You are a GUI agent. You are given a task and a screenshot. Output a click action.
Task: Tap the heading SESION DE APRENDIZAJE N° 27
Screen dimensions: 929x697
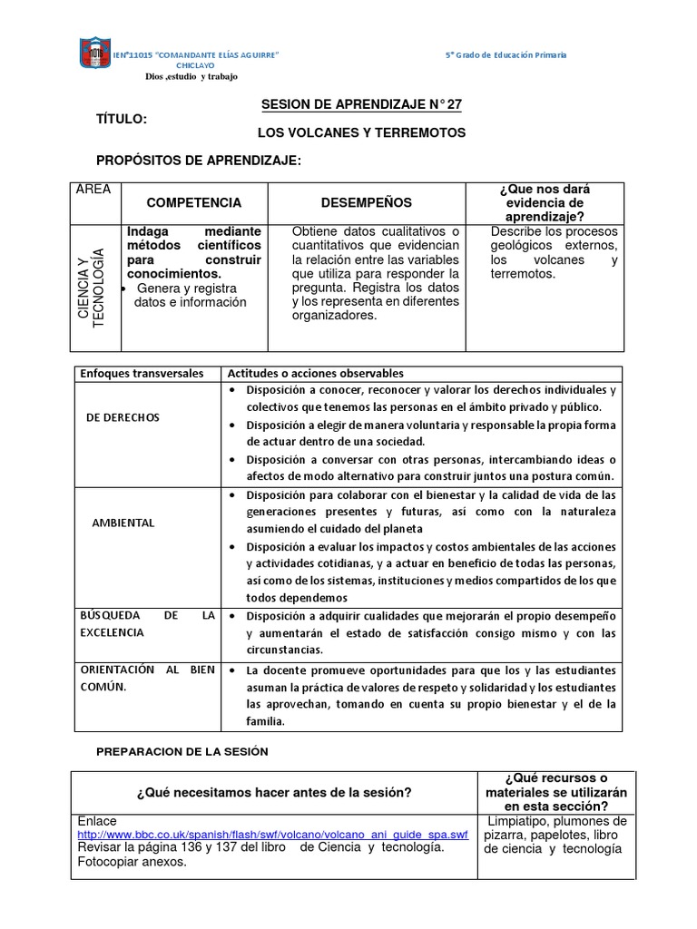[x=361, y=105]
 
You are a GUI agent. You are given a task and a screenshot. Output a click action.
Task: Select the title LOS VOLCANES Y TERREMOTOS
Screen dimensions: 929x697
[x=361, y=132]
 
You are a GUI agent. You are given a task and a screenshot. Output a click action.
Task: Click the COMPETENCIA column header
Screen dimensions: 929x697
[x=194, y=202]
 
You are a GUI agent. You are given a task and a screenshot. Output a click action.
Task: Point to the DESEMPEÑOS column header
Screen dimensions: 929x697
[x=366, y=202]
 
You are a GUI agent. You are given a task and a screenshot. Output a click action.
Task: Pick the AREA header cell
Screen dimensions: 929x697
[x=93, y=190]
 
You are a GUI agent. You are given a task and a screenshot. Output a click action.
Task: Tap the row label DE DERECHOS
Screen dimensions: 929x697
[x=123, y=417]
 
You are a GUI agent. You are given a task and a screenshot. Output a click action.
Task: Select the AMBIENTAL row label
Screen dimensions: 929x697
[x=123, y=523]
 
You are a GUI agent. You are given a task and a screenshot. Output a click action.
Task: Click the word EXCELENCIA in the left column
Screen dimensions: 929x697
[x=112, y=631]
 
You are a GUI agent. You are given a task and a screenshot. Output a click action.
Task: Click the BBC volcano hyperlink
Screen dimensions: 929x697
[x=273, y=834]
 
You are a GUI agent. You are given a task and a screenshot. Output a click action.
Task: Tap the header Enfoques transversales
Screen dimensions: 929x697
[x=137, y=374]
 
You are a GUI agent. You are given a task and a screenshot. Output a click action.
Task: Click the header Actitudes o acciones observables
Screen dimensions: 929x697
[x=315, y=374]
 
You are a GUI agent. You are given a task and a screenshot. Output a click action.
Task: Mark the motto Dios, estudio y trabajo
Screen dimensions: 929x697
[x=191, y=77]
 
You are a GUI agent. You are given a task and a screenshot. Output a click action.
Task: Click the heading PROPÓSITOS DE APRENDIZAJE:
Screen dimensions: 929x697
[x=198, y=161]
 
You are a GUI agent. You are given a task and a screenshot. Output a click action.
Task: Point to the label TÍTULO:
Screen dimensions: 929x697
[x=122, y=119]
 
